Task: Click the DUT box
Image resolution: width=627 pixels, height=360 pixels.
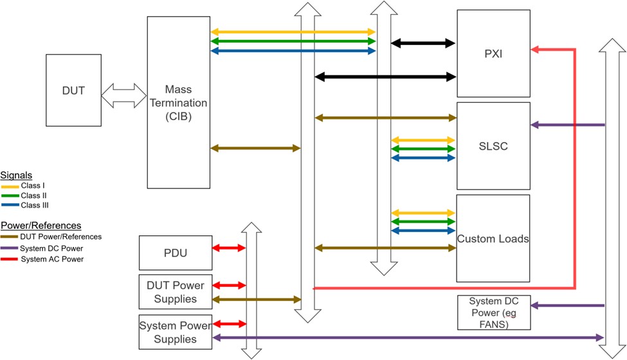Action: [x=73, y=90]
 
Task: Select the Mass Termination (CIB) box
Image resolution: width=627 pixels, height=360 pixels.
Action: [x=178, y=102]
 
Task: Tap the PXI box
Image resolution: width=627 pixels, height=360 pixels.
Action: [x=493, y=53]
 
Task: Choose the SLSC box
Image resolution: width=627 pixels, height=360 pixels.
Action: [x=493, y=146]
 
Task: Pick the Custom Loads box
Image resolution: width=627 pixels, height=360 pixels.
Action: [x=493, y=239]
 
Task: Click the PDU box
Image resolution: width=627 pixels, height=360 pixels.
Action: [x=176, y=253]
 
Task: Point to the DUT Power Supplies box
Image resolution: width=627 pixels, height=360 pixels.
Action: [x=176, y=292]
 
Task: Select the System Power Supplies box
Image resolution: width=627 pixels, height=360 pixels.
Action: [x=175, y=332]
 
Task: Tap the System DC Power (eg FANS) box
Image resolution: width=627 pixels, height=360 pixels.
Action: [x=494, y=312]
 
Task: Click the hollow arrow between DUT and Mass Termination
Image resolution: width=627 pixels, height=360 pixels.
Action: [x=124, y=96]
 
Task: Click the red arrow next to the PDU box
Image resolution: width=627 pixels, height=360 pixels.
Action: [x=229, y=248]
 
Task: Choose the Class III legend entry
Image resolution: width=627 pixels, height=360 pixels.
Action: [x=25, y=205]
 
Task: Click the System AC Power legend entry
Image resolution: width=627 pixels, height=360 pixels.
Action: [x=42, y=259]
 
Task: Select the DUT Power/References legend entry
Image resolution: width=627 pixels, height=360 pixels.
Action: [x=51, y=237]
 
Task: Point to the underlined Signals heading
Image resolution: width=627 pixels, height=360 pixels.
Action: [x=16, y=175]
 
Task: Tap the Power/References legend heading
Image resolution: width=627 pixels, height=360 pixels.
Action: [x=41, y=226]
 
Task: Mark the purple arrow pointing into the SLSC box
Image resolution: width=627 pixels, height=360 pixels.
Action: [x=568, y=125]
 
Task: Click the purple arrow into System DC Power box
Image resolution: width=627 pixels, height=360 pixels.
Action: [x=568, y=305]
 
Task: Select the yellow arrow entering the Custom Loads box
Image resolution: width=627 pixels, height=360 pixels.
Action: [x=423, y=213]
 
